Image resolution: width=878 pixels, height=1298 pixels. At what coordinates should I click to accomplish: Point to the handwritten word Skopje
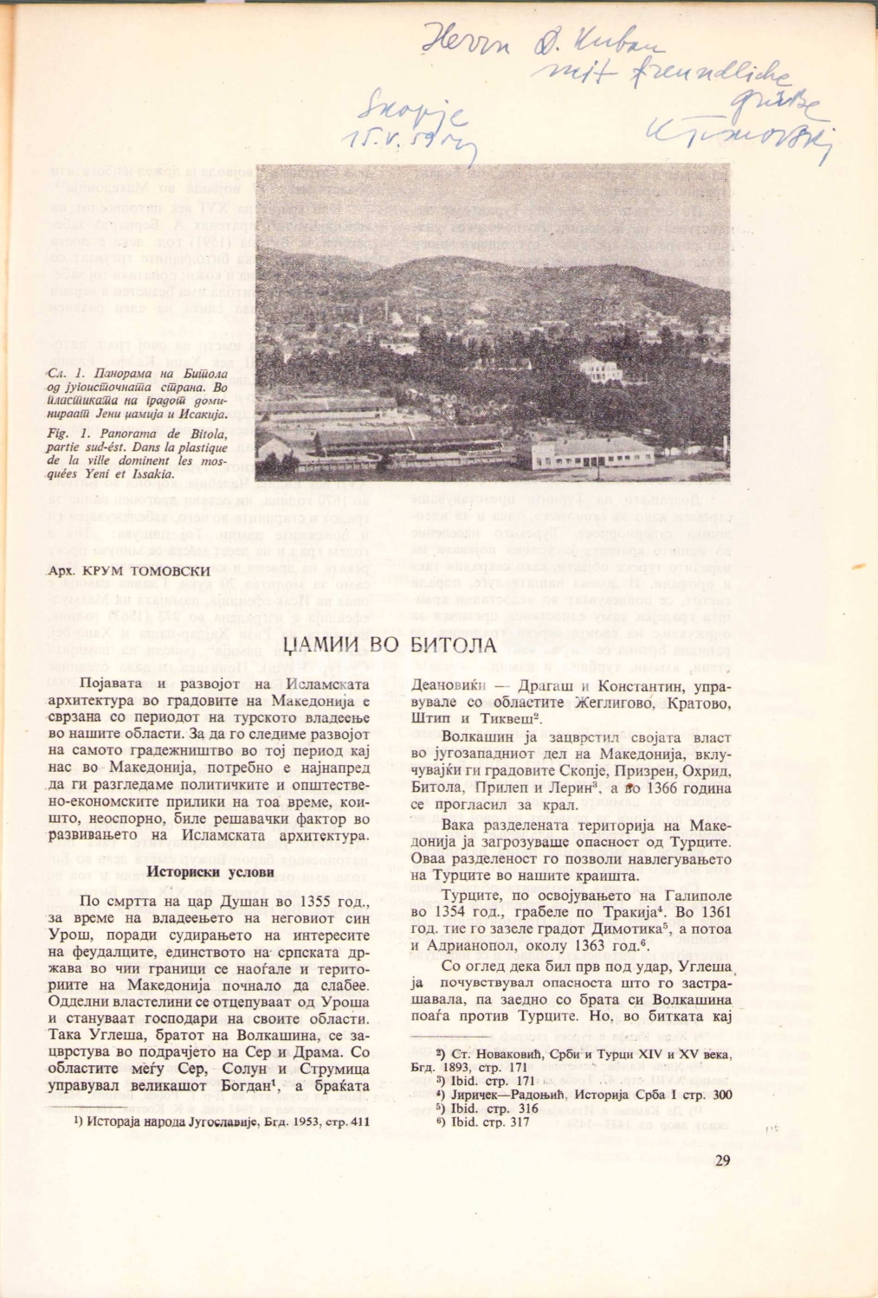411,114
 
